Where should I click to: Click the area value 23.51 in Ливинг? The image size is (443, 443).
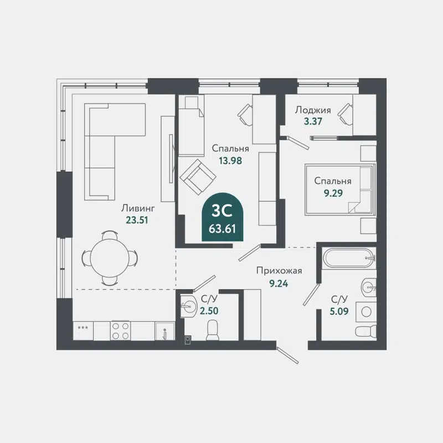click(138, 219)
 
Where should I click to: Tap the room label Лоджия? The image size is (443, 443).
click(313, 110)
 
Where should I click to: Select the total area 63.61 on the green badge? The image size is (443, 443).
click(221, 228)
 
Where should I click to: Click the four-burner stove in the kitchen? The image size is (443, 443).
click(120, 331)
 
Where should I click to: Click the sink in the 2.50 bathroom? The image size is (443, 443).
click(190, 304)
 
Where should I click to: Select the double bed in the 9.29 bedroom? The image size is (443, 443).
click(339, 189)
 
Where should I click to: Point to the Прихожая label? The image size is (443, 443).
click(279, 271)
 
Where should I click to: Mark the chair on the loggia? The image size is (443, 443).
click(346, 113)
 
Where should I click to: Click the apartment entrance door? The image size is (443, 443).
click(289, 354)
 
